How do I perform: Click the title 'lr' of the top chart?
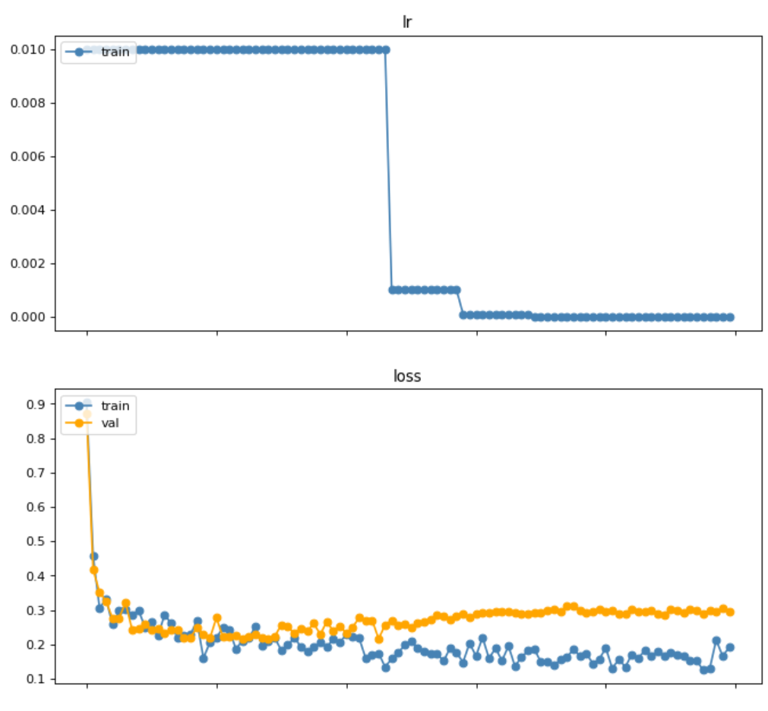(407, 22)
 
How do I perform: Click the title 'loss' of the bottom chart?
(407, 376)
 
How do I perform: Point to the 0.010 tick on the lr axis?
(27, 49)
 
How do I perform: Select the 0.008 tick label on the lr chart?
(27, 102)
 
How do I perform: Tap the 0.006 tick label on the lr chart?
(27, 156)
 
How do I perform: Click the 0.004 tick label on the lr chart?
(27, 209)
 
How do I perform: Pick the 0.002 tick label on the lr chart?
(27, 263)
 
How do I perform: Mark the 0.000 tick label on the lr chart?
(27, 316)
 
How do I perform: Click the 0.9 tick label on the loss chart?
(36, 404)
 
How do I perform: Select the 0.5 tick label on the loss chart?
(36, 542)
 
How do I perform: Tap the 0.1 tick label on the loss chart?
(36, 679)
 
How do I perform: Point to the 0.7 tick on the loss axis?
(36, 473)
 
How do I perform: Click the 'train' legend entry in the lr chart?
(115, 52)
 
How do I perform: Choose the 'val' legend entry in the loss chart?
(110, 423)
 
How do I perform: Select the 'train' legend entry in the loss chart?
(115, 406)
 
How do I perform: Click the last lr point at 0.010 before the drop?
(386, 49)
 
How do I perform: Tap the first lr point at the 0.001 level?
(393, 290)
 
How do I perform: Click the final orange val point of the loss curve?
(730, 612)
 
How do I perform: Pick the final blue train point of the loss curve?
(730, 647)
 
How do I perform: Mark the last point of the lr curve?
(730, 316)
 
